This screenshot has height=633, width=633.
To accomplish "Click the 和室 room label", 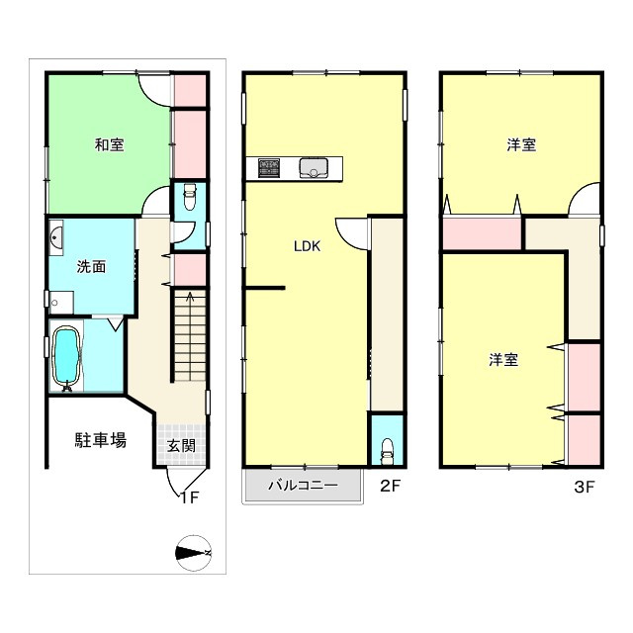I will point(109,145).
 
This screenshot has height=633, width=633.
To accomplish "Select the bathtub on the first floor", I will point(66,357).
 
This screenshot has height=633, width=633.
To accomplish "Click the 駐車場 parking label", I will point(101,440).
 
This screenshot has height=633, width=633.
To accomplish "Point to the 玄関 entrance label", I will point(181,446).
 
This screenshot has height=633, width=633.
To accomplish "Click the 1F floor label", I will point(189,497).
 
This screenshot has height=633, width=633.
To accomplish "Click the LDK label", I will point(307,248).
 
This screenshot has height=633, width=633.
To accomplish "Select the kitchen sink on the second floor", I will point(315,168).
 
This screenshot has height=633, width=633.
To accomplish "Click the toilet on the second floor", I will point(387,447).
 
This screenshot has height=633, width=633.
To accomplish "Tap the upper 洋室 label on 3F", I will point(521,145).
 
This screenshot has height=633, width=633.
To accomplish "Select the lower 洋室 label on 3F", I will point(503,360).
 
